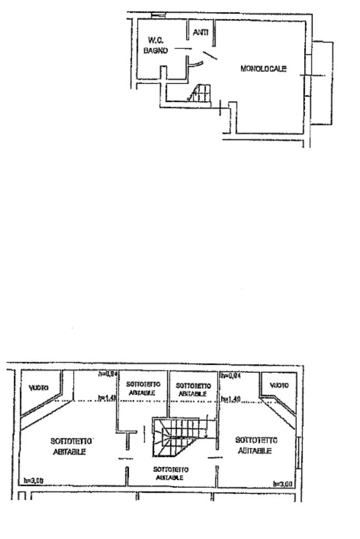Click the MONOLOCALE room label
(263, 68)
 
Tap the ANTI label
(200, 32)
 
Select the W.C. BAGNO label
(157, 46)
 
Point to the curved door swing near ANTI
(196, 64)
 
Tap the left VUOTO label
(39, 387)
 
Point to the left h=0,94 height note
(107, 375)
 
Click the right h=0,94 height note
(231, 376)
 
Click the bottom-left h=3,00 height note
(33, 481)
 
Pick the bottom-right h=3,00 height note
(282, 483)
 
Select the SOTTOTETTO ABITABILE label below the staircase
(170, 473)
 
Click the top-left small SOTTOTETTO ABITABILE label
(141, 388)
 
